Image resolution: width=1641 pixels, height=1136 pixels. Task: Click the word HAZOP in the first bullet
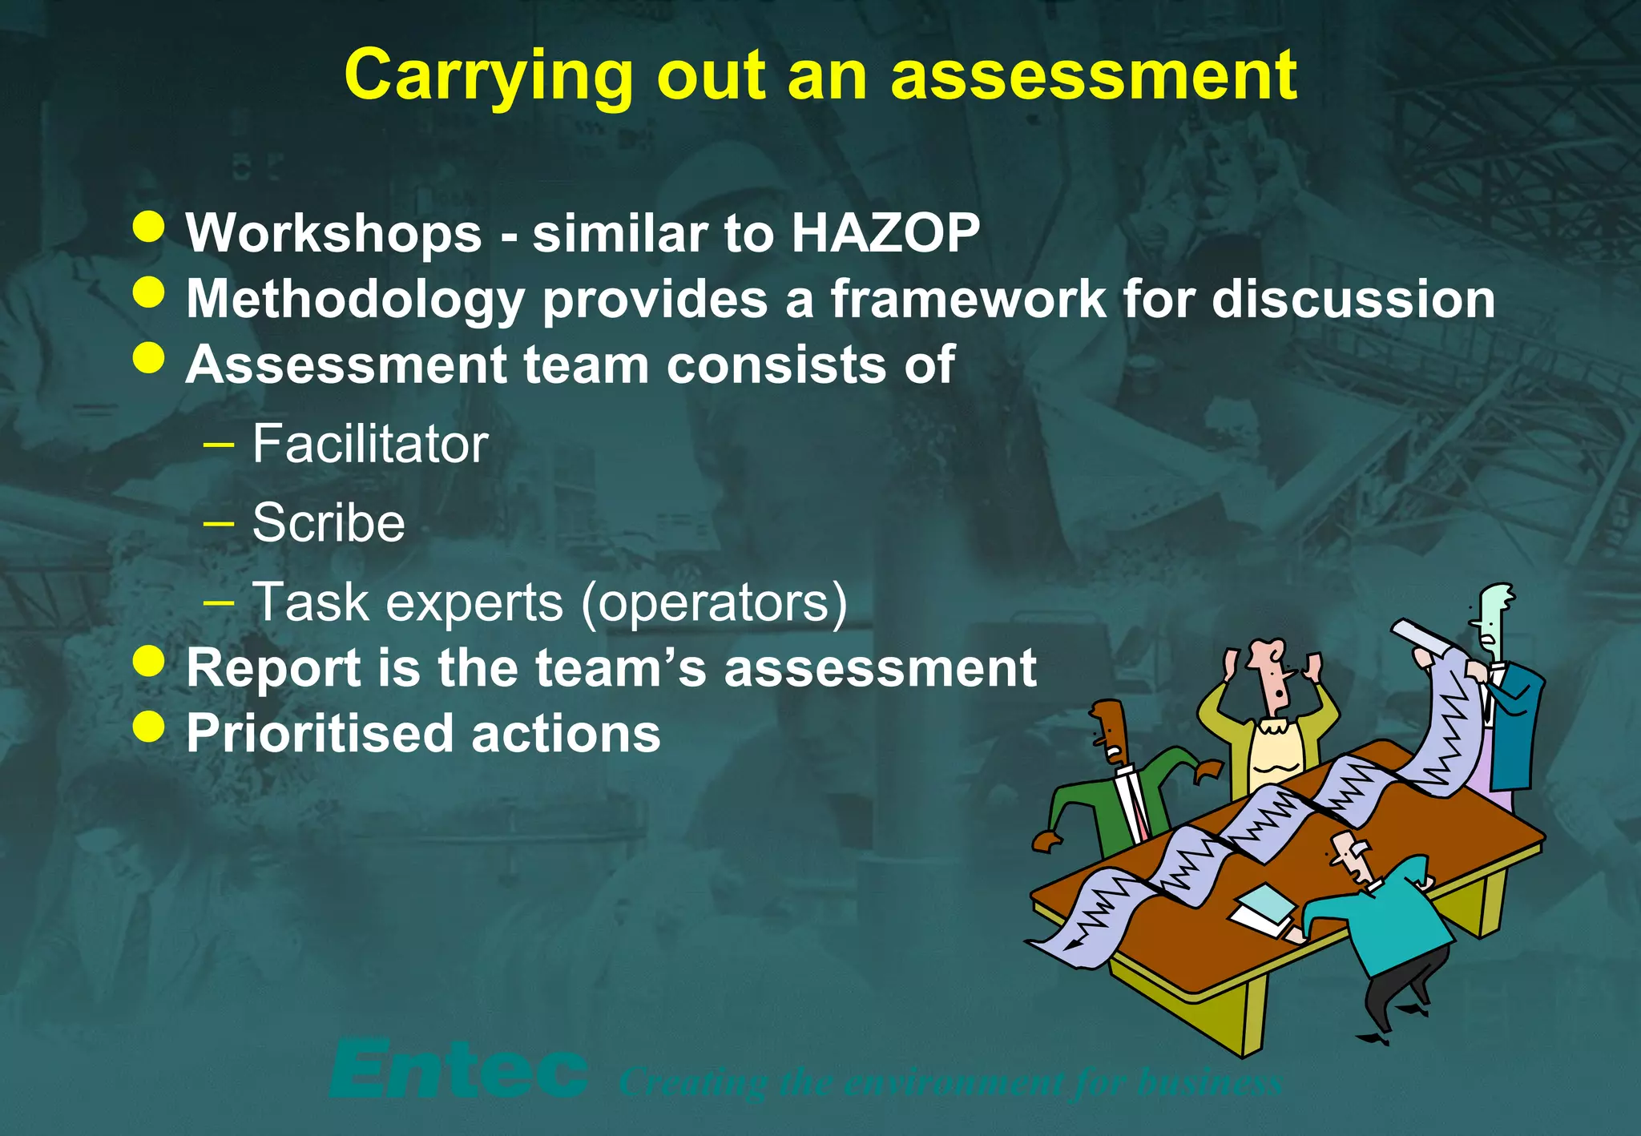point(885,233)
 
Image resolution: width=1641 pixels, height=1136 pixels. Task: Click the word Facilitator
point(370,444)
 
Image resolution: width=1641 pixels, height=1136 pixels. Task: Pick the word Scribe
point(329,523)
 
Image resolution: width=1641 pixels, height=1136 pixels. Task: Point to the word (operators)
point(714,602)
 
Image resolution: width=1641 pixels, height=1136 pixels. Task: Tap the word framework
point(967,299)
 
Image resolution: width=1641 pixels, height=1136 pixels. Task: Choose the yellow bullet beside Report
point(149,662)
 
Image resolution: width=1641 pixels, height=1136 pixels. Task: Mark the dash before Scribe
point(219,524)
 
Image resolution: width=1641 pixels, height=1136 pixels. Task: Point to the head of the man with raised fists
point(1272,674)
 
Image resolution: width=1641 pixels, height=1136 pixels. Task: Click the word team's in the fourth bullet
point(621,667)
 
